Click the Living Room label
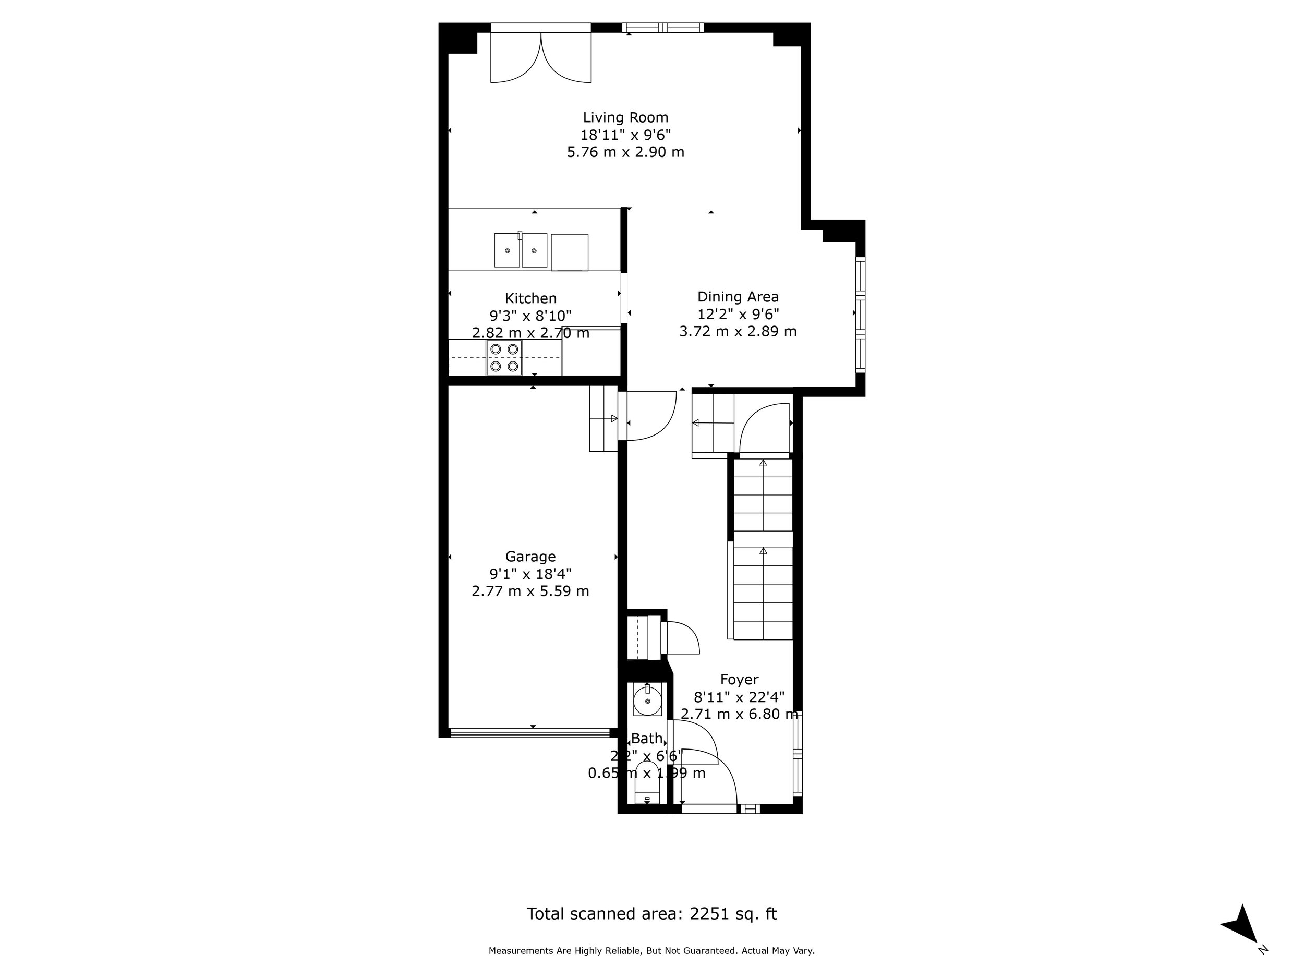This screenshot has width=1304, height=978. pos(625,117)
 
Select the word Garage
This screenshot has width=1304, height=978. pos(530,557)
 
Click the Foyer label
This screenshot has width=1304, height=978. pos(739,680)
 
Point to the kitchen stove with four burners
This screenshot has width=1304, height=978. pos(504,358)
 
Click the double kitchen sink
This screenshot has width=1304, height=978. pos(521,250)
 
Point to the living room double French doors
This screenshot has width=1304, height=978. pos(540,56)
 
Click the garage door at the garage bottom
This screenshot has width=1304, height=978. pos(530,733)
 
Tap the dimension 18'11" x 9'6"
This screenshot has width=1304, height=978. pos(625,135)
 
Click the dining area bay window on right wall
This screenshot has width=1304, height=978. pos(860,314)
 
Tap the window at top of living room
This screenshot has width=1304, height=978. pos(662,28)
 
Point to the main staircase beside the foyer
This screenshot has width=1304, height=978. pos(763,548)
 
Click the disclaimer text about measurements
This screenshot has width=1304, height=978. pos(651,951)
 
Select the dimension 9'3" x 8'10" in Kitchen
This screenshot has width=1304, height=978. pos(530,316)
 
